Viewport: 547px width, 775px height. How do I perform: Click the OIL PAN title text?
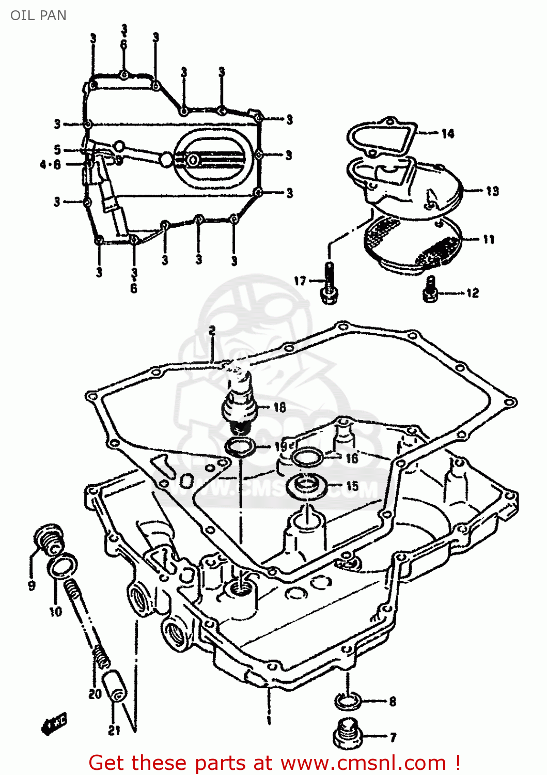coord(38,16)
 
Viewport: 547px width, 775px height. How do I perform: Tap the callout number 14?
coord(447,134)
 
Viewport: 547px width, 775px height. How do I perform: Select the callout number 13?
coord(492,191)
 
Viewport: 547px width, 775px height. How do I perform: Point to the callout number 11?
coord(489,239)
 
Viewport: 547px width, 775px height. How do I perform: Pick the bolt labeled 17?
coord(329,284)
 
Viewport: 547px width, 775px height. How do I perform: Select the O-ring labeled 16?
coord(307,457)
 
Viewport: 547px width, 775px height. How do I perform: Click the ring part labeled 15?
coord(308,486)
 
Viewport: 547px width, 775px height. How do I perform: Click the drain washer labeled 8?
coord(348,701)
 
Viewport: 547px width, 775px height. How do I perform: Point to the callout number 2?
coord(212,331)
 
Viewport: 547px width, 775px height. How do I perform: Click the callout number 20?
coord(95,693)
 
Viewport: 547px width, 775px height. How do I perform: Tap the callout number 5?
coord(57,150)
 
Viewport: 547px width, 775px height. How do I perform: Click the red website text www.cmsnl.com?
coord(364,763)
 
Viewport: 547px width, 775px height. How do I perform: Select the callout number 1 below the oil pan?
coord(269,719)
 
